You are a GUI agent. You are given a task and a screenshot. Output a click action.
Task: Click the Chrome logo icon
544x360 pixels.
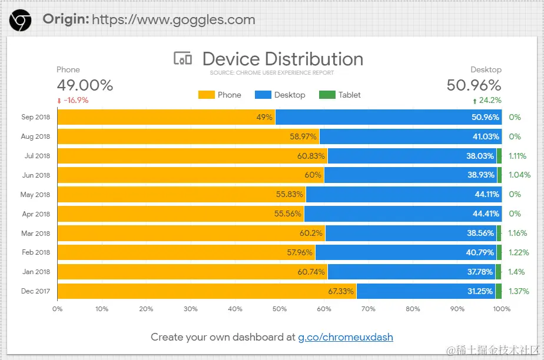click(21, 20)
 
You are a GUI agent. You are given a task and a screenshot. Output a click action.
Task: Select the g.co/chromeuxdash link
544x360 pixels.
click(345, 337)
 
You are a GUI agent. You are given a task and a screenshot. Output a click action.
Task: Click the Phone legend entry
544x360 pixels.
click(220, 95)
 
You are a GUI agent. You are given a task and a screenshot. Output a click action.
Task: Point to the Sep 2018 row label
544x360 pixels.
click(36, 117)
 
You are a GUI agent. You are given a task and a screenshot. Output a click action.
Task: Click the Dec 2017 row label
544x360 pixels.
click(36, 291)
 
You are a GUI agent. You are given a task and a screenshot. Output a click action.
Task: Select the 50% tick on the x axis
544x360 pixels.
click(280, 308)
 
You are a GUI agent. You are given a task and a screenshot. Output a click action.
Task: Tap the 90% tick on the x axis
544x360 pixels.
click(457, 308)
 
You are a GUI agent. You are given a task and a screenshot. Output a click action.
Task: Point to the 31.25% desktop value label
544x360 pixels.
click(479, 291)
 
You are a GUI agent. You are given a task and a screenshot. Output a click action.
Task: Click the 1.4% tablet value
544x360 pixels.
click(517, 272)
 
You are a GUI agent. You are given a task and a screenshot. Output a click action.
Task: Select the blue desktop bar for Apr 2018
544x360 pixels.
click(400, 214)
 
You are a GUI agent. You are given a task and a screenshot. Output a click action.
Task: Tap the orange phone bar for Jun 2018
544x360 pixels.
click(188, 175)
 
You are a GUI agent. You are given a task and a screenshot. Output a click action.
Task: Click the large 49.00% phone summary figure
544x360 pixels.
click(85, 85)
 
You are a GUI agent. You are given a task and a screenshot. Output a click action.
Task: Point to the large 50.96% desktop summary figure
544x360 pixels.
click(474, 85)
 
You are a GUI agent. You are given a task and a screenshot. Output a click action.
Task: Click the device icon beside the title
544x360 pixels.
click(183, 59)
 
